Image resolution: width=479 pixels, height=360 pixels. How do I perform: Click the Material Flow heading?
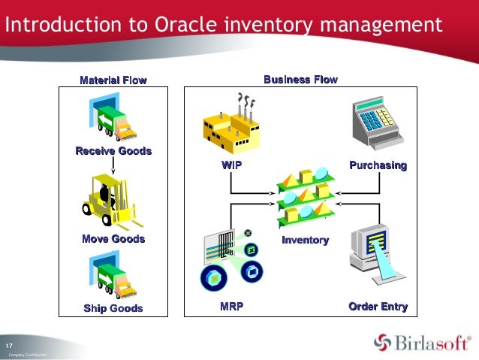[x=113, y=80]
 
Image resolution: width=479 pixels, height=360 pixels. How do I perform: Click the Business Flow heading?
[x=300, y=80]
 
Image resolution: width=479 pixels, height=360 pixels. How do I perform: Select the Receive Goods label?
[x=113, y=151]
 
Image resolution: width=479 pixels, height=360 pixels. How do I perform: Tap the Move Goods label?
[x=113, y=239]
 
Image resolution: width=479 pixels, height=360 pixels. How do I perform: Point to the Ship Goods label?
[x=113, y=308]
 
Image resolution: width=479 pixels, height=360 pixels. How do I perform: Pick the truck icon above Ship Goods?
[x=113, y=274]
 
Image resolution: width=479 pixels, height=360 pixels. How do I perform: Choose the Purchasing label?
[x=378, y=165]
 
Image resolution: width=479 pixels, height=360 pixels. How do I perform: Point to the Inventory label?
[x=305, y=241]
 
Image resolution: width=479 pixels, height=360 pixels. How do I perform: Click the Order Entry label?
[x=378, y=307]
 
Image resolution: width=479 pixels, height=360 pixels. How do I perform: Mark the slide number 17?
[x=11, y=344]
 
